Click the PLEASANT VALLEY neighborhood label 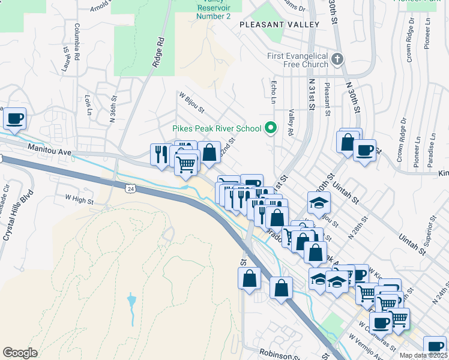pos(279,25)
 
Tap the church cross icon pos(337,59)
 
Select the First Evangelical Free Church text pos(298,60)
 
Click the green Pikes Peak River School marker pos(271,128)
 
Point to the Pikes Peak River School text pos(217,128)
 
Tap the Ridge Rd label pos(159,55)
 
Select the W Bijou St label pos(191,103)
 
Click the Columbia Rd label pos(77,41)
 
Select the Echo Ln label pos(274,92)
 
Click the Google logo pos(20,353)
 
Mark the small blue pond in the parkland pos(131,300)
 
